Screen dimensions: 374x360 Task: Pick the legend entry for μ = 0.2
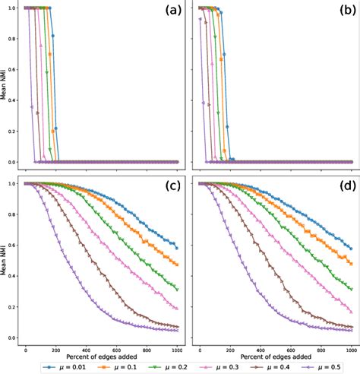tap(157, 366)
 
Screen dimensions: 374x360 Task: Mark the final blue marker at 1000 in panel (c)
tap(177, 248)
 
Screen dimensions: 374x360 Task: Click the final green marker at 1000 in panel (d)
tap(350, 289)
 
